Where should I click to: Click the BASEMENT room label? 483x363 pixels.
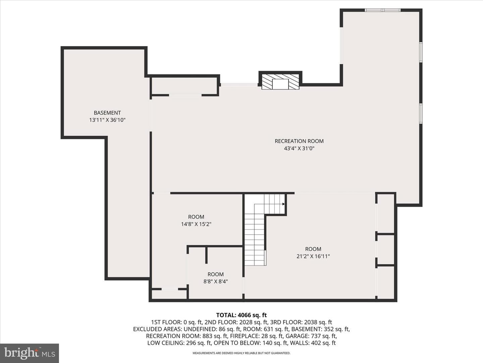click(107, 113)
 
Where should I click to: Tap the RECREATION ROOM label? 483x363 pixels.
click(299, 141)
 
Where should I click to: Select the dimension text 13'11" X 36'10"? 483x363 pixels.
click(107, 120)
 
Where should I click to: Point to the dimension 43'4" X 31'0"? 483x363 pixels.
click(299, 148)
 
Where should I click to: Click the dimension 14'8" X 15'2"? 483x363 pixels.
click(196, 224)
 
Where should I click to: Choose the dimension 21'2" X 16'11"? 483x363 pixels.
click(313, 256)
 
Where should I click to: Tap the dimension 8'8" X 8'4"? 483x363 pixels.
click(215, 281)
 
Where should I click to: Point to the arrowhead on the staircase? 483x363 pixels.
click(283, 204)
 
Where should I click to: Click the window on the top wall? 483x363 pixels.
click(383, 10)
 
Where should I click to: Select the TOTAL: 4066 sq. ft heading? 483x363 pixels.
click(241, 315)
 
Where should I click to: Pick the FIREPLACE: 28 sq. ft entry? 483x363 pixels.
click(256, 336)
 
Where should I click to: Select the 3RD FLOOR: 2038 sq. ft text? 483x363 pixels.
click(302, 322)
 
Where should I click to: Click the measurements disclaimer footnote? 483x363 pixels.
click(241, 353)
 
